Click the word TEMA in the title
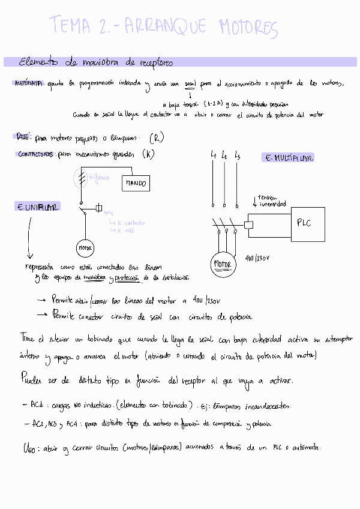(71, 26)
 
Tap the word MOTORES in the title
(248, 28)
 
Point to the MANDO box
(136, 183)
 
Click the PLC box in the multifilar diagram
(304, 223)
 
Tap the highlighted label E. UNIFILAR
(37, 207)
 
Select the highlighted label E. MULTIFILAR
(289, 158)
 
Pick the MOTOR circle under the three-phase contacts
(223, 264)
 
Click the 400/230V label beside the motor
(258, 259)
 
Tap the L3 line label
(238, 157)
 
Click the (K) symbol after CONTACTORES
(148, 154)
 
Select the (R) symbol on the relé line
(156, 137)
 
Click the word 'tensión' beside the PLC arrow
(266, 197)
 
